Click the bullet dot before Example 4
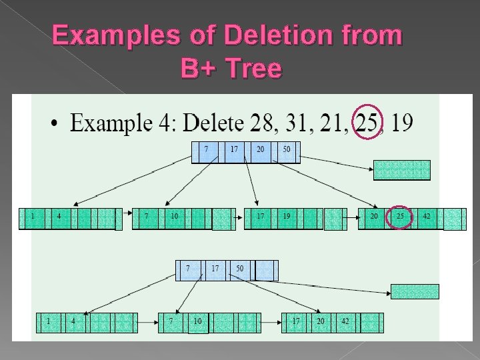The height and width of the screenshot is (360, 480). pos(54,124)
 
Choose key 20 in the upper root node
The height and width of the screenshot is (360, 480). pos(260,149)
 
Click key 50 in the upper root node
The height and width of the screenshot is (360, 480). pos(286,149)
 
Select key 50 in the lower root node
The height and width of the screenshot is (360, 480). pos(239,268)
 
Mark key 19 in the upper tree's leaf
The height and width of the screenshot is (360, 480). pos(286,217)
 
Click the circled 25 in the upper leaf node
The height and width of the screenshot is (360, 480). pos(401,217)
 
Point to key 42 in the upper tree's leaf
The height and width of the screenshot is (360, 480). pos(427,217)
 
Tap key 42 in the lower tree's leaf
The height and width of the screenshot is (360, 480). pos(345,321)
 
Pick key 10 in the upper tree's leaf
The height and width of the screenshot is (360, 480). pos(173,217)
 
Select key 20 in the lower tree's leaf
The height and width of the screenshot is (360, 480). pos(321,321)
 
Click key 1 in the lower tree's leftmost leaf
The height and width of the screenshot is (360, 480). pos(48,321)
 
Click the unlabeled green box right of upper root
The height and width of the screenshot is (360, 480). pos(402,170)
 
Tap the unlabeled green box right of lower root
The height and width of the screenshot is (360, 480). pos(415,291)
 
